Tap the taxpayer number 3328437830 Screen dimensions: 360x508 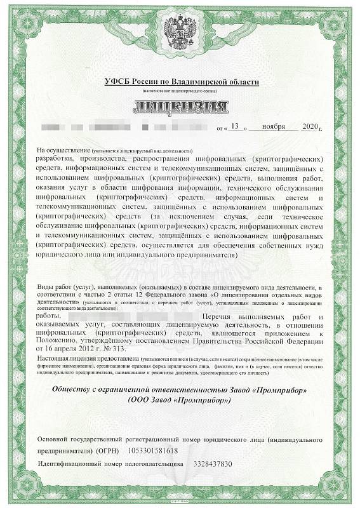coord(213,464)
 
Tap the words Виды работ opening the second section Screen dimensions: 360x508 coord(58,288)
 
